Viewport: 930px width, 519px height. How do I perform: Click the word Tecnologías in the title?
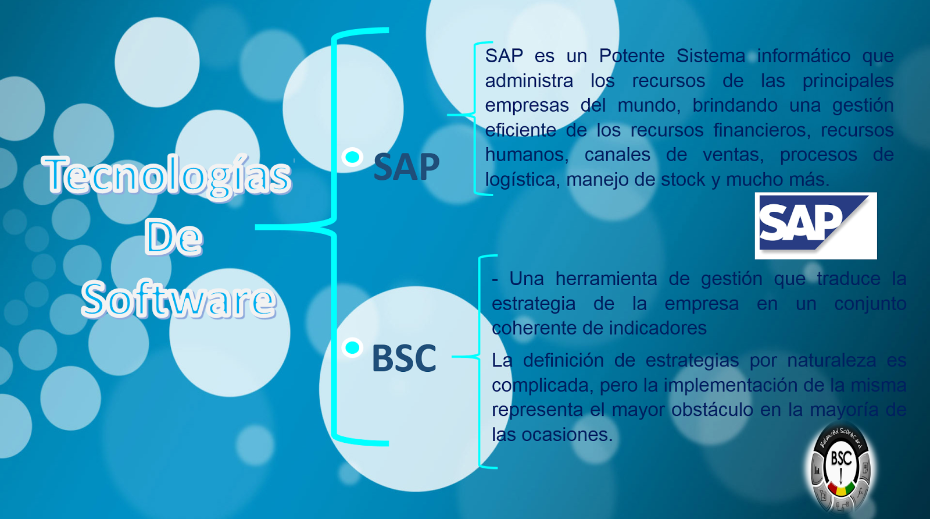pos(167,175)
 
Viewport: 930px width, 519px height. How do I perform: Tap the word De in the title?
pos(173,237)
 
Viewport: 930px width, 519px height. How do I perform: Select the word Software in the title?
pos(178,300)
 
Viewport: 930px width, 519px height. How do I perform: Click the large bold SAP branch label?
pos(406,167)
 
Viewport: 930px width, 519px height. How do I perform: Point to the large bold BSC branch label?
pos(403,358)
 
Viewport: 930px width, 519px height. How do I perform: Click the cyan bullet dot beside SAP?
pos(352,157)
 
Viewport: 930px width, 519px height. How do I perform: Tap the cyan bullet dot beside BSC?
pos(352,348)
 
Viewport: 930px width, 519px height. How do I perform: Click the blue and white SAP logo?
pos(815,225)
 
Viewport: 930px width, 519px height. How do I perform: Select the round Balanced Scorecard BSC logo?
pos(840,469)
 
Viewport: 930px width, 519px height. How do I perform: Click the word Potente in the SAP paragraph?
pos(631,56)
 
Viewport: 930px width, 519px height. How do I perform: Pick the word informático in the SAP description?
pos(803,56)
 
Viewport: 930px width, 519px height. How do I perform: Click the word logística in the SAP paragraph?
pos(521,180)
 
